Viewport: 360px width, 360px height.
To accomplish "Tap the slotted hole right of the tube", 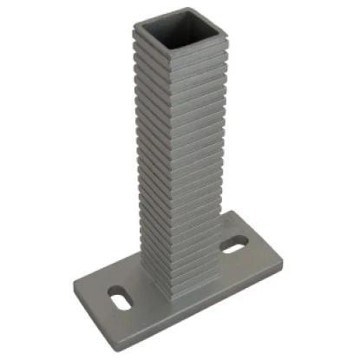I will pos(234,249).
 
